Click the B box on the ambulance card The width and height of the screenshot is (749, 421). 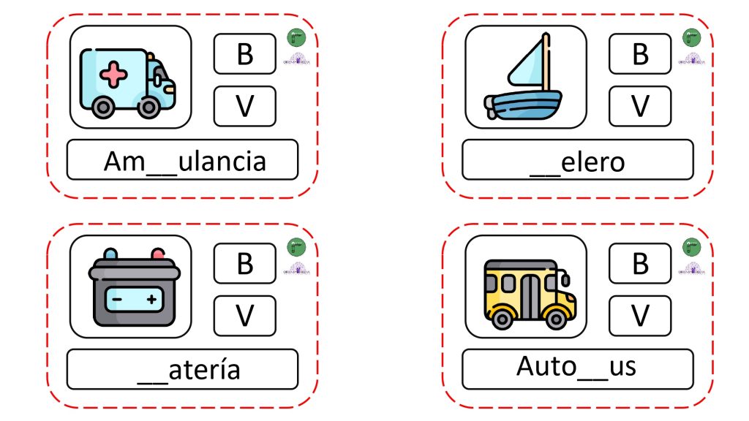(x=244, y=54)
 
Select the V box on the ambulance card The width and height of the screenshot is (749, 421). (x=244, y=106)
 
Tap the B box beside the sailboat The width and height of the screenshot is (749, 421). (x=640, y=54)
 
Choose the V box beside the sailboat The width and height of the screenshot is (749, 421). (x=640, y=106)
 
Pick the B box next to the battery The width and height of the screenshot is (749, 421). (x=244, y=263)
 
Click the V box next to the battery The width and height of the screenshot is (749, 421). (x=244, y=316)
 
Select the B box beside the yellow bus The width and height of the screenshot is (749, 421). (x=640, y=263)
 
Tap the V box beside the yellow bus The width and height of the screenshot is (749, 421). (x=640, y=316)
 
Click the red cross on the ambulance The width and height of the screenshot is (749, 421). (x=113, y=74)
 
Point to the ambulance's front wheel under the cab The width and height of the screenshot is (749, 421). (x=148, y=107)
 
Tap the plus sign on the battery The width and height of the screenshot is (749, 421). (x=151, y=298)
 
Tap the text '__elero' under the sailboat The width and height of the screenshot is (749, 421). (x=577, y=161)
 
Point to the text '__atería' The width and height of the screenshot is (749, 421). (x=189, y=370)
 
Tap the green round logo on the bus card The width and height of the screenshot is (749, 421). (x=690, y=246)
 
